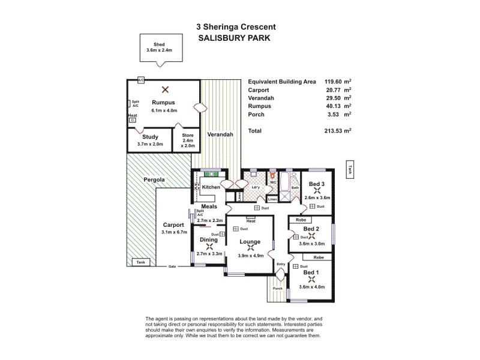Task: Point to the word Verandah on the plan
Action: tap(220, 134)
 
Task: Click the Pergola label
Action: tap(154, 179)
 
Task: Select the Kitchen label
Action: tap(211, 188)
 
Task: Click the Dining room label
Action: tap(209, 239)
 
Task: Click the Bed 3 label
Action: tap(317, 184)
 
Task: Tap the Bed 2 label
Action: tap(311, 229)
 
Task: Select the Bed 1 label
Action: tap(311, 272)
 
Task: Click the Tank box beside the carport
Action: tap(140, 263)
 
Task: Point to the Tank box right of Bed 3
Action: tap(349, 169)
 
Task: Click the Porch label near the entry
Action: tap(277, 288)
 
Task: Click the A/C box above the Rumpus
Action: tap(141, 80)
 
